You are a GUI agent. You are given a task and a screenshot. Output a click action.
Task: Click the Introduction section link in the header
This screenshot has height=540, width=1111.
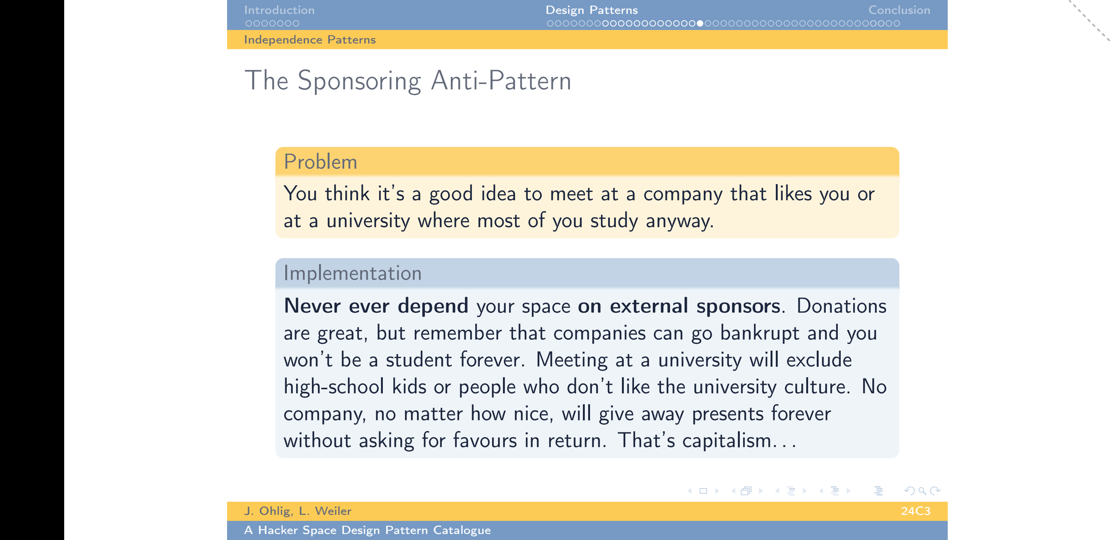click(x=279, y=10)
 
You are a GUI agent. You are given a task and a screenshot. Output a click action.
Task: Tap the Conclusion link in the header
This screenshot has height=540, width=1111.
click(x=899, y=10)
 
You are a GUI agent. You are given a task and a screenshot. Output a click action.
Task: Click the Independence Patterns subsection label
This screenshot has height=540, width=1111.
click(x=310, y=40)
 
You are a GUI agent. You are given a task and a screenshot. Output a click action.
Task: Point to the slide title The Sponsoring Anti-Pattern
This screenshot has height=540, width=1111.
click(x=408, y=81)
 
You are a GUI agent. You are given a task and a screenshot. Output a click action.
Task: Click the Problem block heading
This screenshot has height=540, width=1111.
click(x=321, y=162)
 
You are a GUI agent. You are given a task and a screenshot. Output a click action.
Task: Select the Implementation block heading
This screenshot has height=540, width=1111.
click(x=352, y=273)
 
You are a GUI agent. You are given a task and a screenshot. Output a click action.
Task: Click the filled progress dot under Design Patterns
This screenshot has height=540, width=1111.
click(x=700, y=23)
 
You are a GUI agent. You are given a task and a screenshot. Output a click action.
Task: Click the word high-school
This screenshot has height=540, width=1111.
click(x=333, y=387)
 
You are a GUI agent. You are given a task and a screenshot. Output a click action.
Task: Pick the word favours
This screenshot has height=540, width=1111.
click(x=485, y=441)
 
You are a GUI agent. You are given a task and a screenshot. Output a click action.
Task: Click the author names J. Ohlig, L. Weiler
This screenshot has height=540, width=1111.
click(x=298, y=511)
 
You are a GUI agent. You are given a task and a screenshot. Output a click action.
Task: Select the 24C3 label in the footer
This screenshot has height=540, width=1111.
click(x=915, y=511)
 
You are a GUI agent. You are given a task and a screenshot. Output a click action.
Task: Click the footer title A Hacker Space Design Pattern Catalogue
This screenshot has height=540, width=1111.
click(x=367, y=530)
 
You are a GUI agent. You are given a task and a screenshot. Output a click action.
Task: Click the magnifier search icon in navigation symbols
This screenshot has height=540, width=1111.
click(x=922, y=491)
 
